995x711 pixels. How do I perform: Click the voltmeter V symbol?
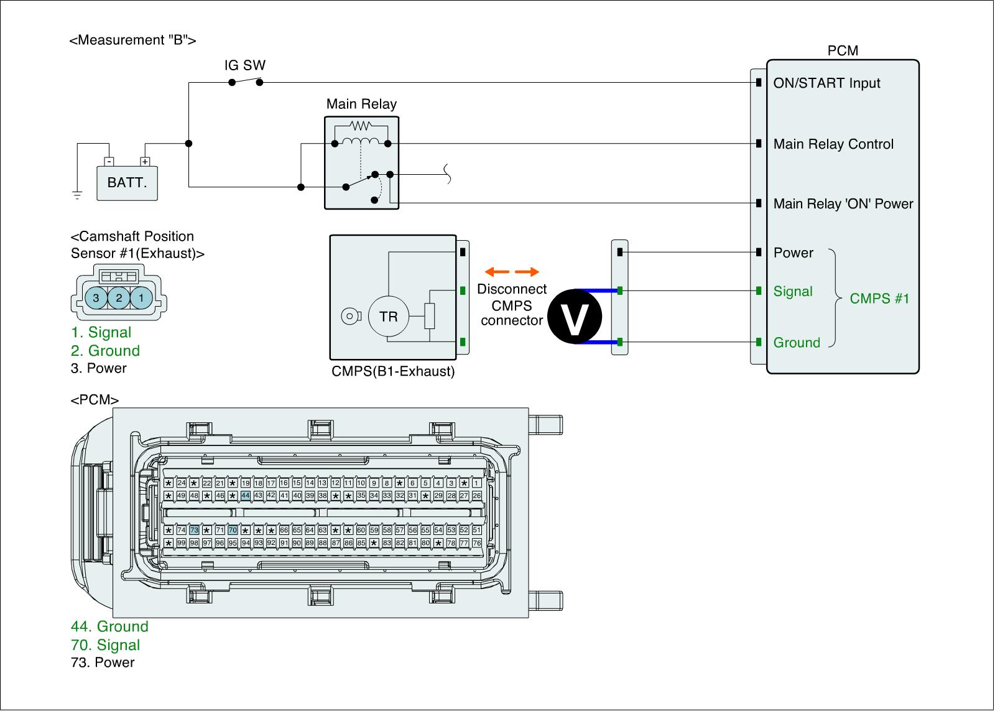click(575, 316)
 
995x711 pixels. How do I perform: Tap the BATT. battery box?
click(127, 183)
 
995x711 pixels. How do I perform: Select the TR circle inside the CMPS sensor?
click(388, 317)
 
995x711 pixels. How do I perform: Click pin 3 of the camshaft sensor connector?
click(96, 298)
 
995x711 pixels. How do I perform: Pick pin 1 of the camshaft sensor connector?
click(141, 298)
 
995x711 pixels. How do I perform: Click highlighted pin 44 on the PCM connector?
click(246, 496)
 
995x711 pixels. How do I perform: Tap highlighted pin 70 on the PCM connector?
click(233, 530)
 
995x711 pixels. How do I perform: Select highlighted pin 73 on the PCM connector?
click(194, 530)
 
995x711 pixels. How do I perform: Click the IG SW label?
click(245, 65)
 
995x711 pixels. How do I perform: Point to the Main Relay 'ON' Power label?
click(843, 203)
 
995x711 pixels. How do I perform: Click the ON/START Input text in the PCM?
click(826, 83)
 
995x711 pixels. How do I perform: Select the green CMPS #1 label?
click(879, 298)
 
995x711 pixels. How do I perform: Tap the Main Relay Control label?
click(833, 144)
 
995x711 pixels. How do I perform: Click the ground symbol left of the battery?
click(77, 195)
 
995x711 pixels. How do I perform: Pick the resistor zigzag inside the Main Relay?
click(361, 126)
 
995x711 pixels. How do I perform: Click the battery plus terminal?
click(145, 161)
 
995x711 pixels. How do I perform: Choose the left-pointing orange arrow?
click(497, 271)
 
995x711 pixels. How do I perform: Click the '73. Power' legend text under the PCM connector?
click(103, 662)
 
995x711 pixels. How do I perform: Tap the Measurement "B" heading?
click(133, 40)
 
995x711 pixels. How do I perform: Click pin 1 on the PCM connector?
click(476, 483)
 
